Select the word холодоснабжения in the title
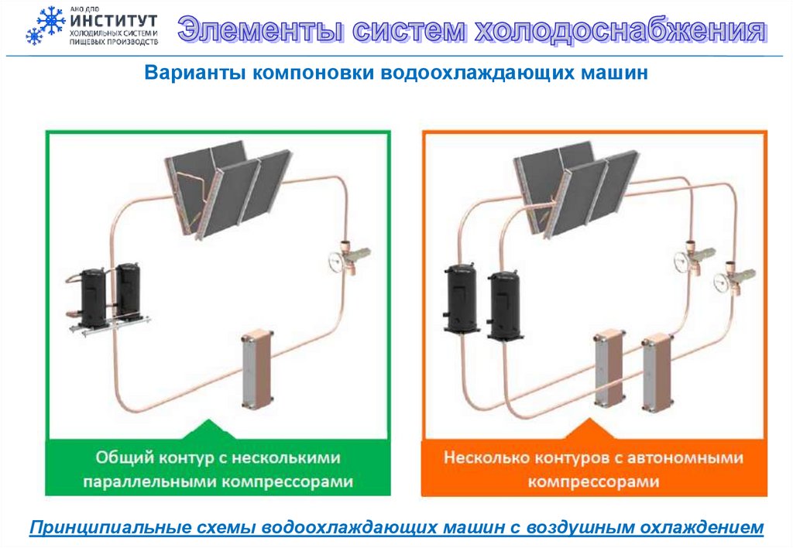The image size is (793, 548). [620, 30]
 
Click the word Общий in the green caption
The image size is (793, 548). [125, 457]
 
